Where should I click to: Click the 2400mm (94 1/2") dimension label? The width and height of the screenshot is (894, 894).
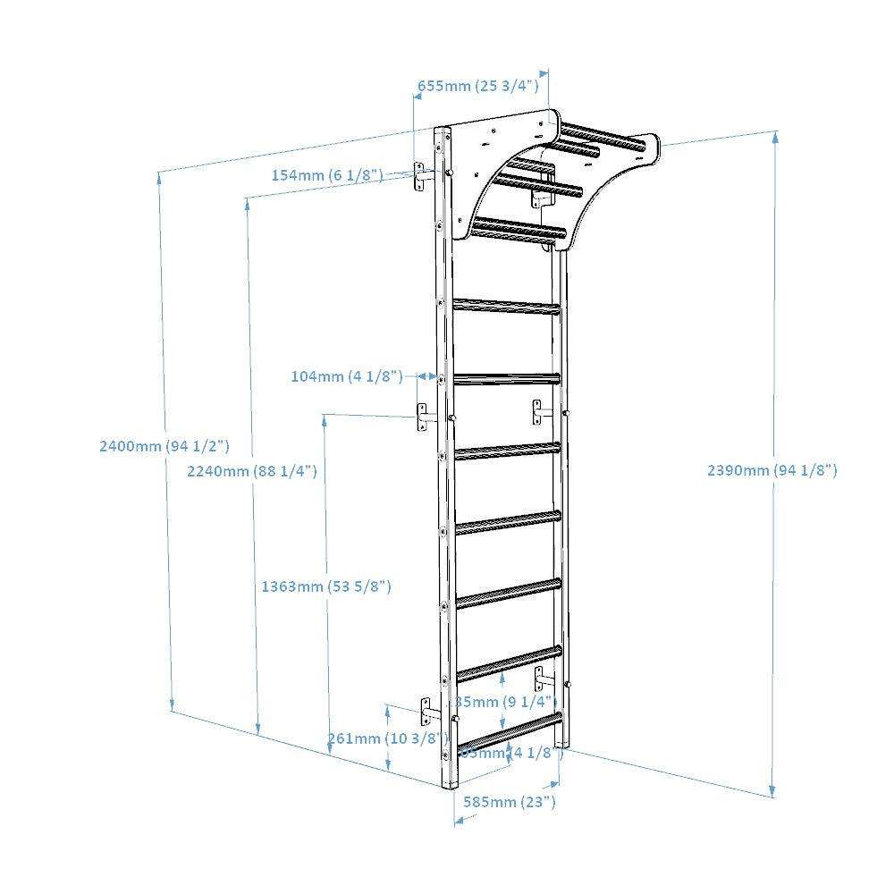[165, 446]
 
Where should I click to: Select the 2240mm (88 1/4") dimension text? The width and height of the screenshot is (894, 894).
[252, 471]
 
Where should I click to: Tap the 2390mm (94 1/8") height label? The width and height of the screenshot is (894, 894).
[772, 470]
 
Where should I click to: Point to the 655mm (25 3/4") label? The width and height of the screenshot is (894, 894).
[478, 86]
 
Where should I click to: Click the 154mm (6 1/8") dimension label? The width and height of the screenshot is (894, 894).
[327, 174]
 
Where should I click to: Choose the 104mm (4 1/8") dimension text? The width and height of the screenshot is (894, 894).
[347, 376]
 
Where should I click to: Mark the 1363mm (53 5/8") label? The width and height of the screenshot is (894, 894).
[326, 586]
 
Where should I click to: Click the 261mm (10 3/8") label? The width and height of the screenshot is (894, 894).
[388, 738]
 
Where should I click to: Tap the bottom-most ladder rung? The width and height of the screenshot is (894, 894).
[510, 730]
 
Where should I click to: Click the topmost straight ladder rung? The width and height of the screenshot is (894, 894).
[507, 307]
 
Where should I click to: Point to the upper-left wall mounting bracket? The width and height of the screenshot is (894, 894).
[421, 177]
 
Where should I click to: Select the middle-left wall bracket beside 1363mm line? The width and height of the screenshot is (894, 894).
[424, 417]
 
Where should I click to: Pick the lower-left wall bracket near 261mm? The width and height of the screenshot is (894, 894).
[427, 712]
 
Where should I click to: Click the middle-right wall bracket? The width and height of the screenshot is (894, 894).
[539, 412]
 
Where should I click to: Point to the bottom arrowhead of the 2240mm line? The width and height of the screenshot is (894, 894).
[259, 728]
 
